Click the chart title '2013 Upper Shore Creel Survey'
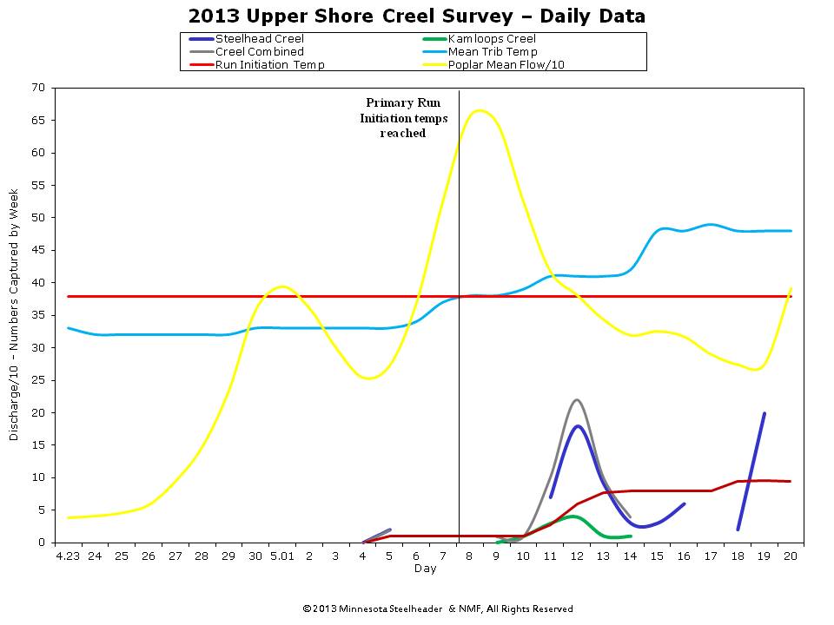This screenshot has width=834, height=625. (416, 16)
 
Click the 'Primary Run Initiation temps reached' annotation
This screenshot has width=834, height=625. (404, 118)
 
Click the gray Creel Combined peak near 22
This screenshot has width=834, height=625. (577, 399)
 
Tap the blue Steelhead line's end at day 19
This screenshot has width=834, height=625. (764, 413)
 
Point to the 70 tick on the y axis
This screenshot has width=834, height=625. (38, 88)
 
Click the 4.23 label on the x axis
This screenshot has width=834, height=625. (67, 556)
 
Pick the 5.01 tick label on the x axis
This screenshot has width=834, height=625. (281, 556)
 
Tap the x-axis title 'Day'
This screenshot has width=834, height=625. (425, 569)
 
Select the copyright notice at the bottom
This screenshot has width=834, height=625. (437, 609)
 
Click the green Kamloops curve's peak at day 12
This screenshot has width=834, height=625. (572, 516)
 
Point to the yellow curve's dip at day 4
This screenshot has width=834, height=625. (368, 378)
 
